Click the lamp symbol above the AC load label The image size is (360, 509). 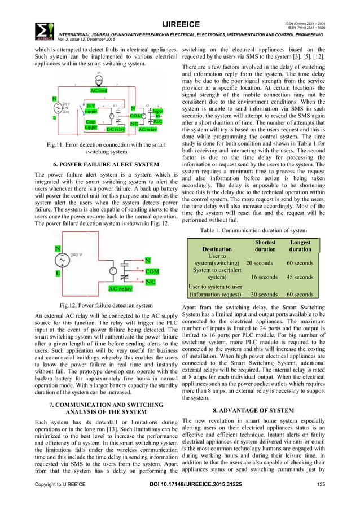click(x=98, y=80)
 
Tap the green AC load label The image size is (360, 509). click(x=99, y=90)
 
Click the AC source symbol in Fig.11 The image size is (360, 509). click(x=58, y=108)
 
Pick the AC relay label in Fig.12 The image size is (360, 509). click(x=120, y=289)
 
